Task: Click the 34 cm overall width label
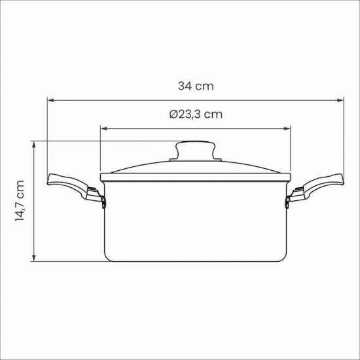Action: [196, 86]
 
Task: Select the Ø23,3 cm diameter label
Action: [195, 114]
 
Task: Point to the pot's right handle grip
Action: [323, 183]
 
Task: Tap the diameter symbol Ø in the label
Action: [173, 114]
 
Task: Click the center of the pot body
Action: [194, 219]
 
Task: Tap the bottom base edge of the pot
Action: [194, 261]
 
